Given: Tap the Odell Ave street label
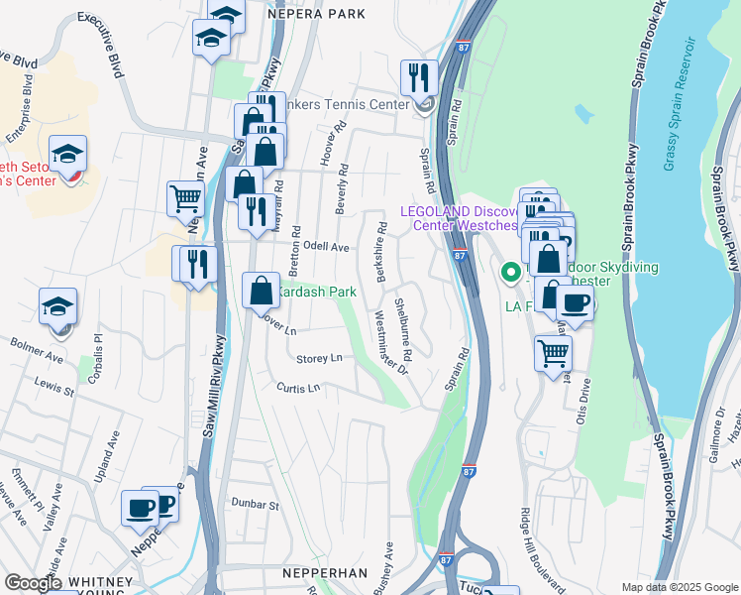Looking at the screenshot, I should click(x=327, y=246).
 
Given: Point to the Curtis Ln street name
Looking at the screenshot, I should click(x=299, y=388).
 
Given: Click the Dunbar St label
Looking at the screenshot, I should click(x=255, y=505).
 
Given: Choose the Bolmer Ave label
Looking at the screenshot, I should click(x=37, y=349).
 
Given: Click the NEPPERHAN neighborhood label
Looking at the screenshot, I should click(x=325, y=574).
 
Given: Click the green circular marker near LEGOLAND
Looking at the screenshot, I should click(x=511, y=271).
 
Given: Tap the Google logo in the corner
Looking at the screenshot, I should click(x=32, y=583).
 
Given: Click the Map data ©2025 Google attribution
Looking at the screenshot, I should click(x=679, y=587).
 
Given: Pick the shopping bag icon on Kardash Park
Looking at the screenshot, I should click(x=261, y=290).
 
